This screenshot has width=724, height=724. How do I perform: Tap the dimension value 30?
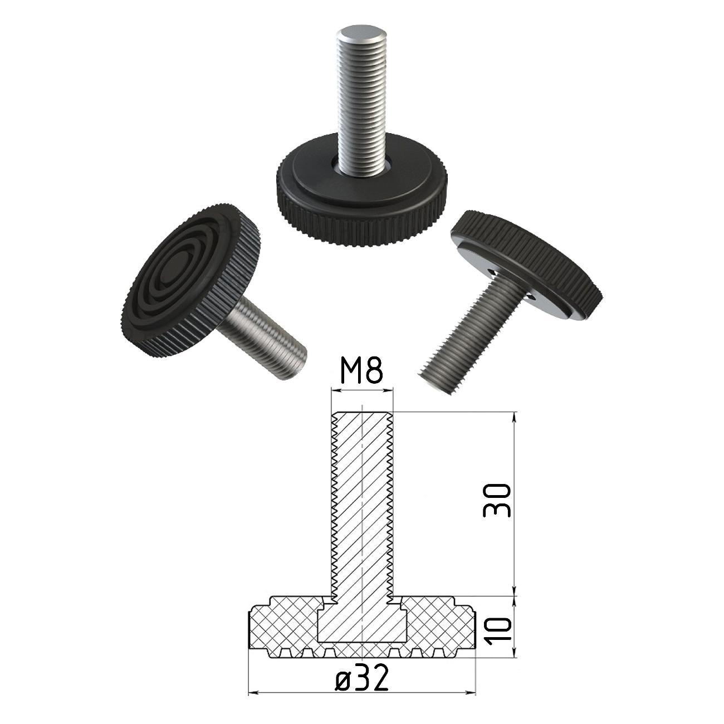pyautogui.click(x=497, y=500)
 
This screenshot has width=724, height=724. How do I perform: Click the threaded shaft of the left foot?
pyautogui.click(x=263, y=337)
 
